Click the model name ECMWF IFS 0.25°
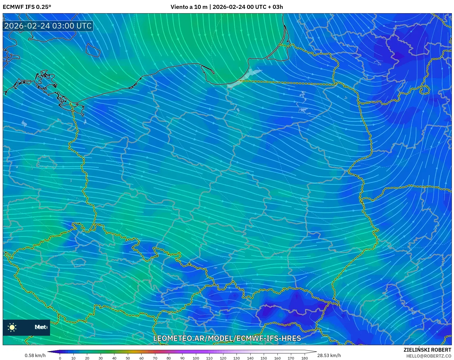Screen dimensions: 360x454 pos(27,7)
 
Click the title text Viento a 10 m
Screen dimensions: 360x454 pos(189,7)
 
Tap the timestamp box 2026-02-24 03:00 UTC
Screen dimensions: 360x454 pos(48,26)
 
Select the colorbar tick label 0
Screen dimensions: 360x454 pos(60,358)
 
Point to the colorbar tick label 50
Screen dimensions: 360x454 pos(128,358)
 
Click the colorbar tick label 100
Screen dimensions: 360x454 pos(196,358)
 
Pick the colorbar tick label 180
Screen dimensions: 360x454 pos(304,358)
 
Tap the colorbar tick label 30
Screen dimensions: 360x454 pos(101,358)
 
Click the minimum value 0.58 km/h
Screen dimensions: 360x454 pos(35,355)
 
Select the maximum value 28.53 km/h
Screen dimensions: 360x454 pos(329,355)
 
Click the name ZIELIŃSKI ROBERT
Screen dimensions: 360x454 pos(427,350)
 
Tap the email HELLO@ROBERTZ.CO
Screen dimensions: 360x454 pos(429,356)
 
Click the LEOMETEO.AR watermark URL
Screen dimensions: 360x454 pos(227,338)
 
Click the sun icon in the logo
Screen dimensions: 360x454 pos(12,327)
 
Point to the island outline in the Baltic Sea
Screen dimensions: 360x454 pos(93,50)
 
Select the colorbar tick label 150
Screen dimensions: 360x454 pos(264,358)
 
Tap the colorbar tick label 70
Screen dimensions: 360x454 pos(155,358)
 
